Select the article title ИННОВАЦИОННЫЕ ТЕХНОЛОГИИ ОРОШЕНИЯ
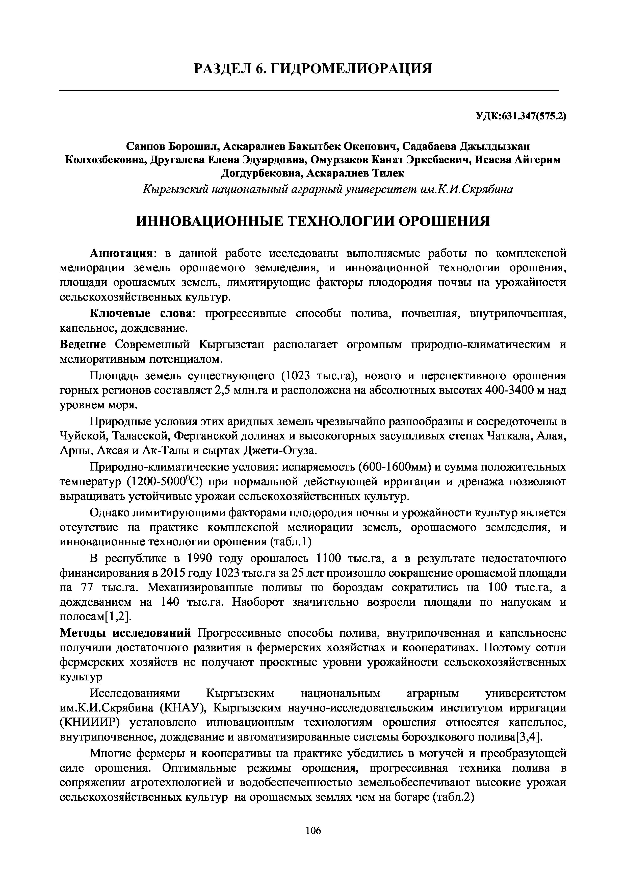click(x=313, y=221)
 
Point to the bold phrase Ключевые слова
click(x=141, y=313)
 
